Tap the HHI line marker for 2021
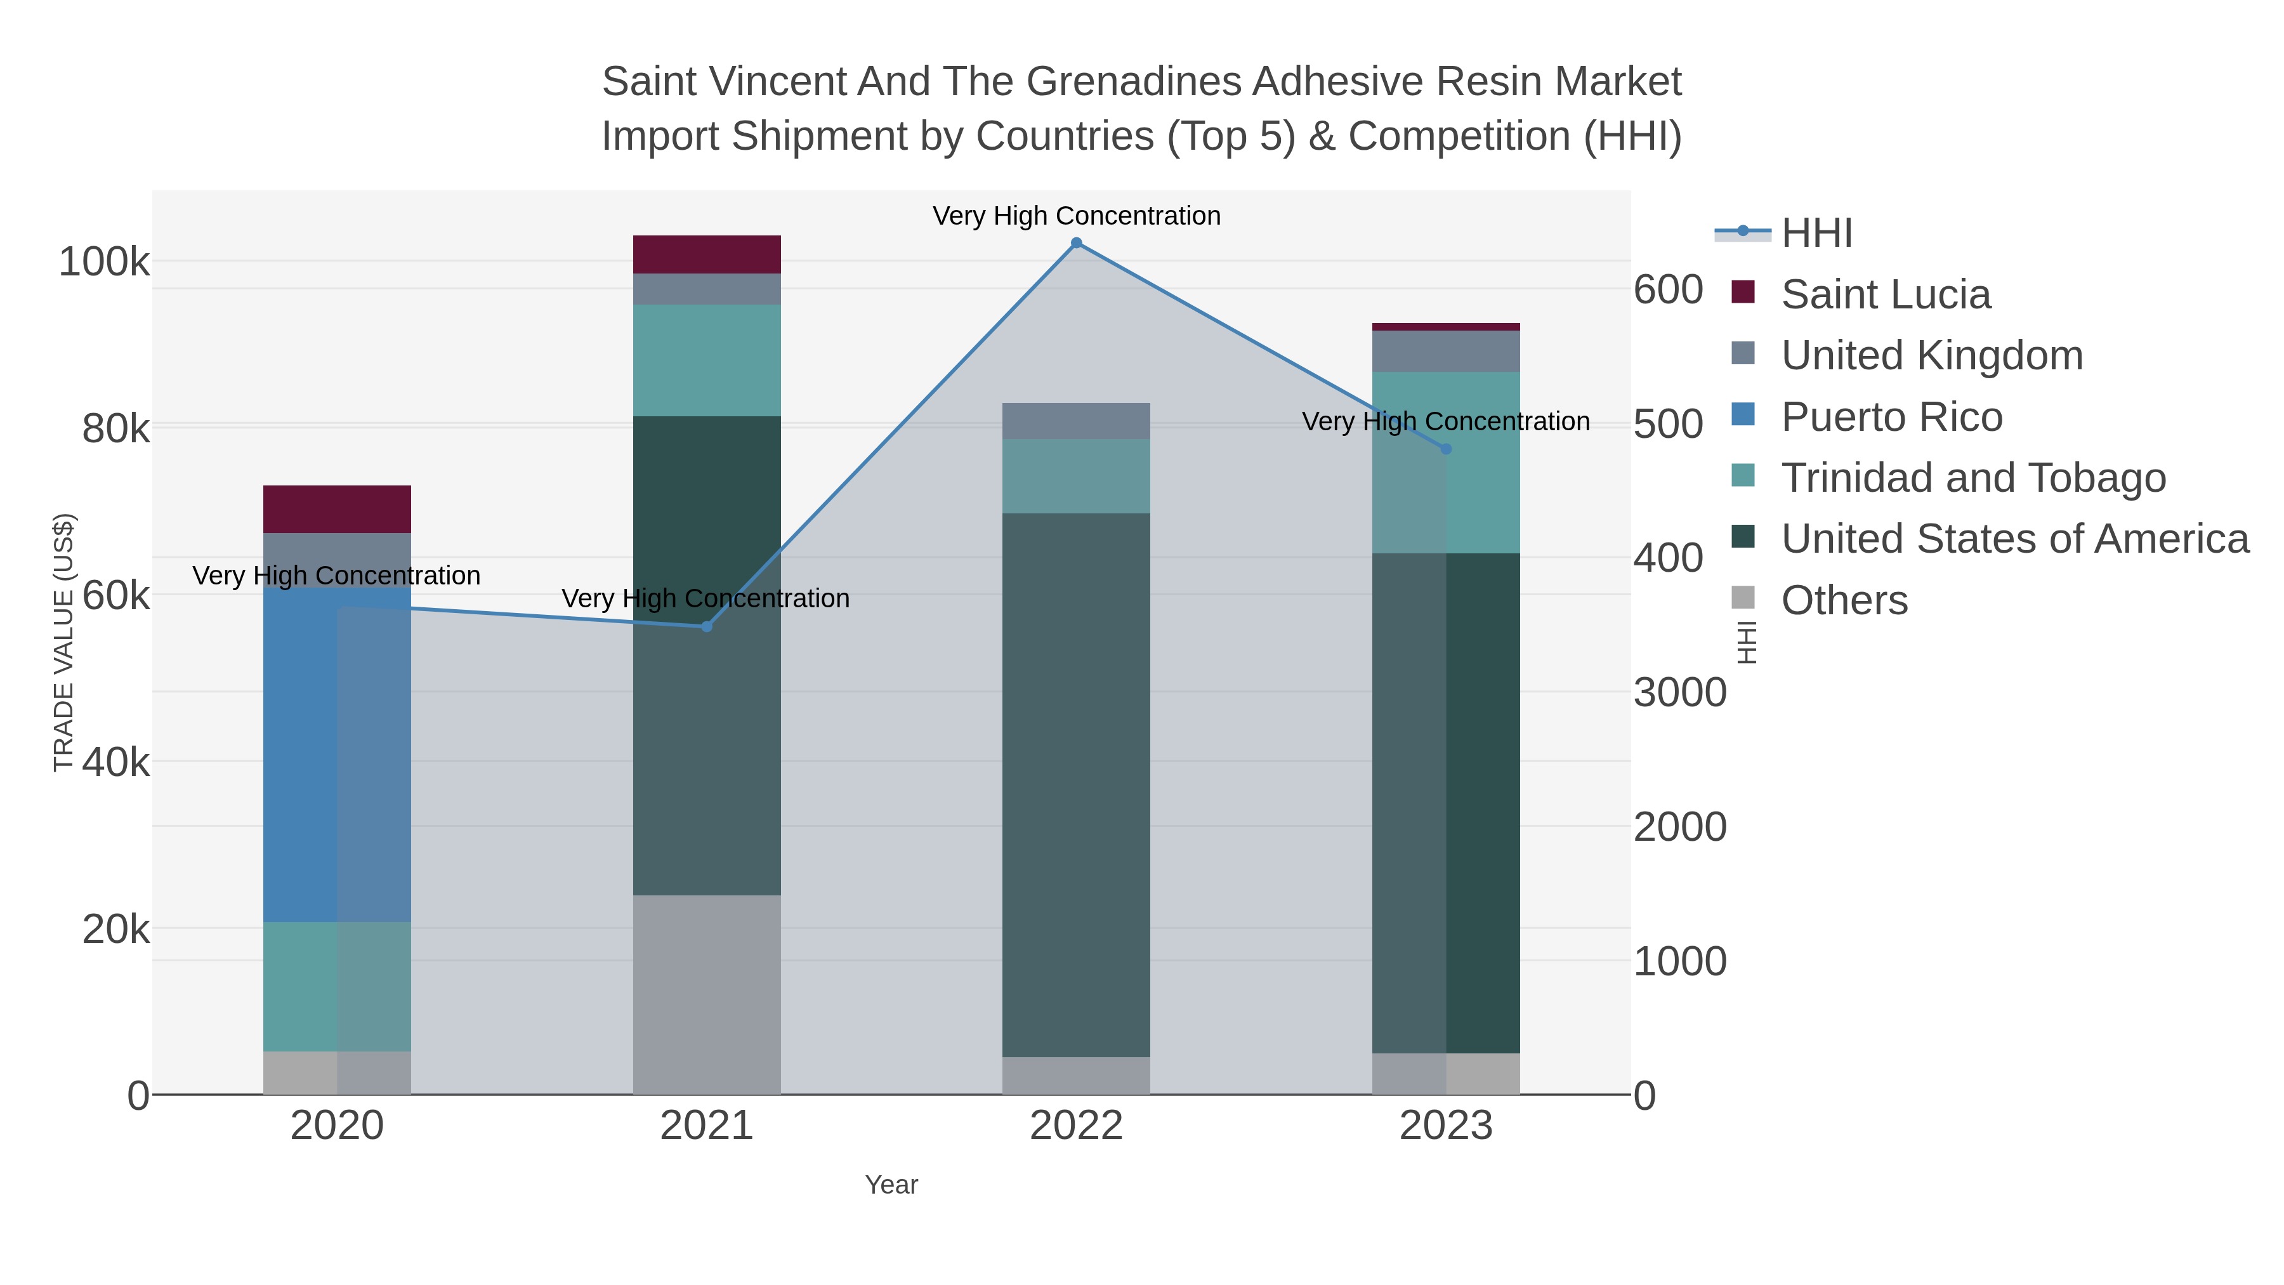click(707, 627)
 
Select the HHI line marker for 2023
click(1446, 450)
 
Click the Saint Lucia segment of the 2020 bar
click(337, 509)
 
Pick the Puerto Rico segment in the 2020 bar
click(337, 754)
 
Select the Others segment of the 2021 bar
click(707, 994)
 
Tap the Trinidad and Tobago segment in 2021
click(707, 360)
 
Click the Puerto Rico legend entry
click(1891, 417)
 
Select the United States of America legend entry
click(2014, 539)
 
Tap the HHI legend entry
click(1816, 234)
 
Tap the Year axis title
click(891, 1185)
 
